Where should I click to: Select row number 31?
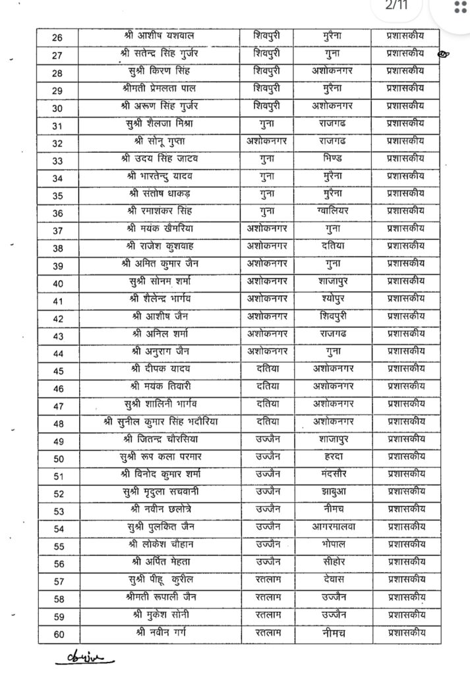coord(57,124)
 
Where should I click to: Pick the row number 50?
coord(57,455)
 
